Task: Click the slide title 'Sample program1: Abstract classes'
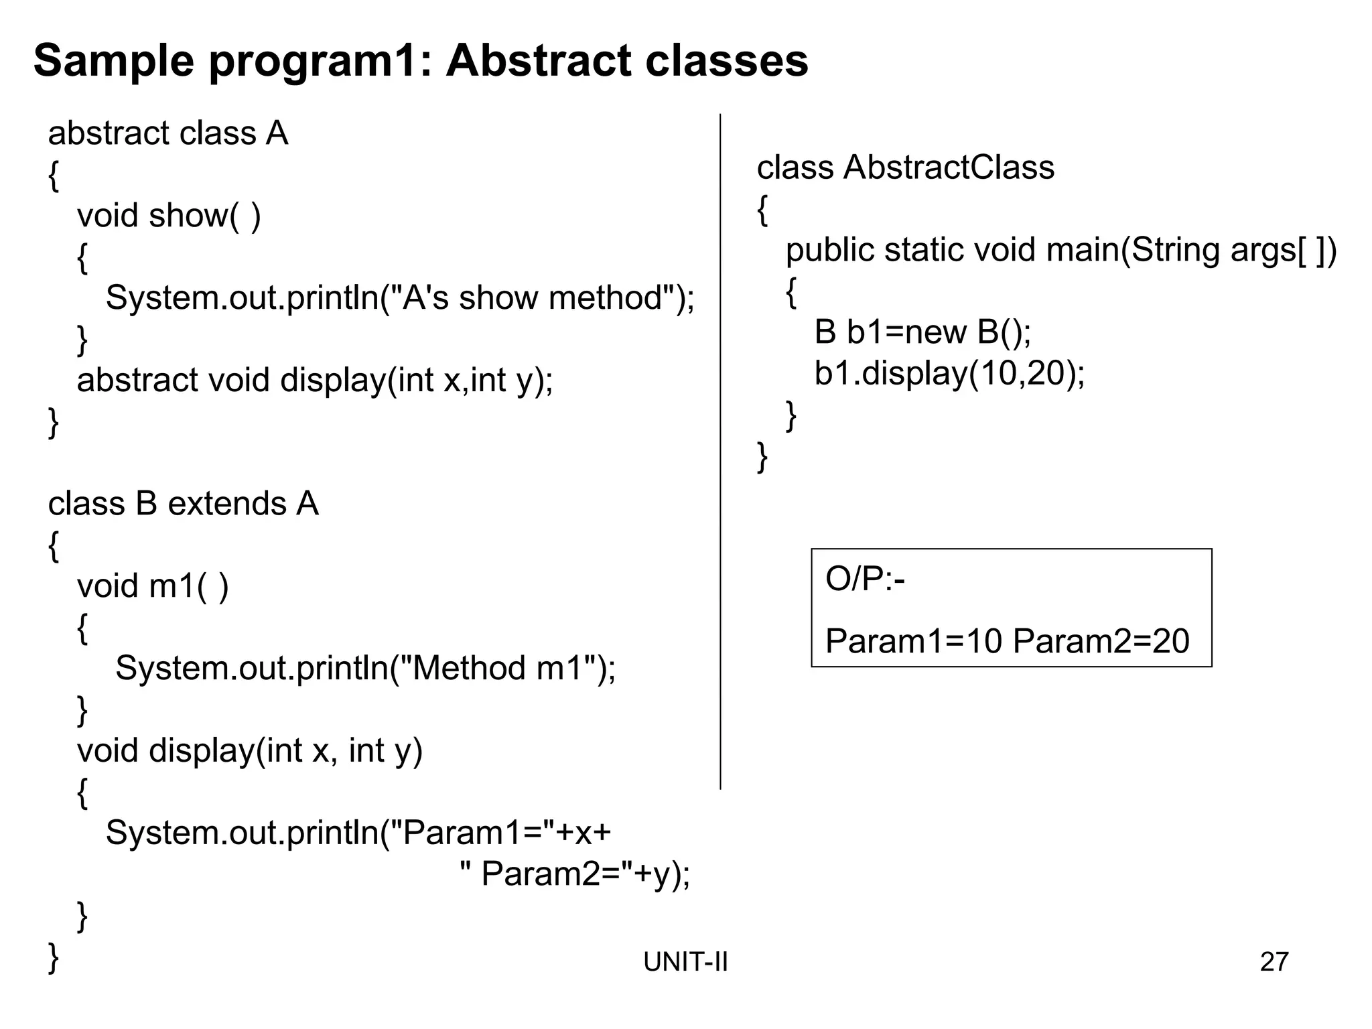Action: click(x=421, y=61)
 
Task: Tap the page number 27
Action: click(x=1274, y=961)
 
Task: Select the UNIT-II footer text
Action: click(x=685, y=962)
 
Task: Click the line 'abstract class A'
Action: click(x=167, y=133)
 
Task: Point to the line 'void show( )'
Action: click(x=169, y=216)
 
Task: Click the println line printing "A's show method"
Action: click(x=400, y=297)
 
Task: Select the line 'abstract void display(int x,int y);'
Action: click(x=315, y=380)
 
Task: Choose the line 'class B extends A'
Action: click(x=183, y=503)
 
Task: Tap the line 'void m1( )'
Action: click(x=153, y=586)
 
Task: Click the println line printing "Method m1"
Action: click(x=365, y=668)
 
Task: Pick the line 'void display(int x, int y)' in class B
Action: click(x=249, y=750)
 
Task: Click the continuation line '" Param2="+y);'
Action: click(x=575, y=874)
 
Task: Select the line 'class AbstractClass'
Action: click(x=905, y=167)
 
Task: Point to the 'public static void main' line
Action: click(x=1060, y=250)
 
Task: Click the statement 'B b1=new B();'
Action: click(x=922, y=332)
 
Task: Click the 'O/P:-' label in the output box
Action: click(x=865, y=579)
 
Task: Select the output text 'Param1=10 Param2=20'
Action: click(x=1007, y=641)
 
